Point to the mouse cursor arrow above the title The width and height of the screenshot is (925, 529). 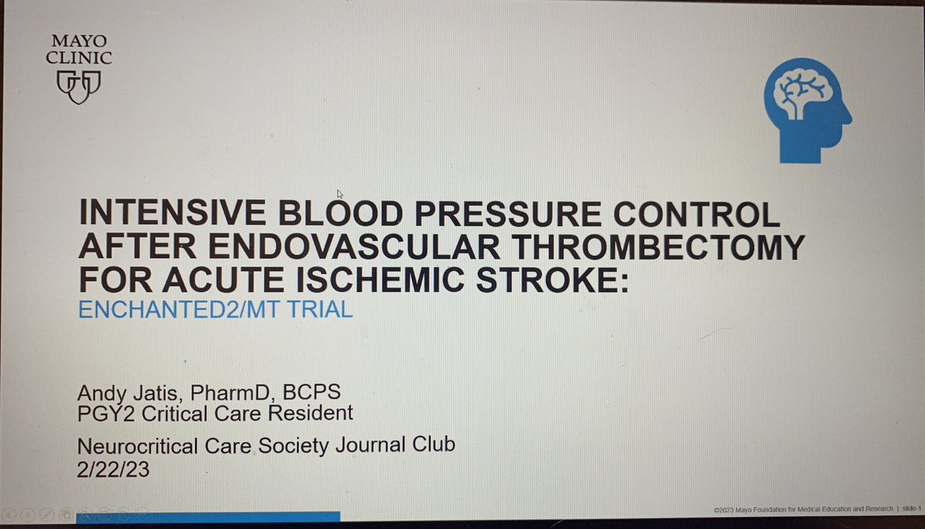click(340, 194)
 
